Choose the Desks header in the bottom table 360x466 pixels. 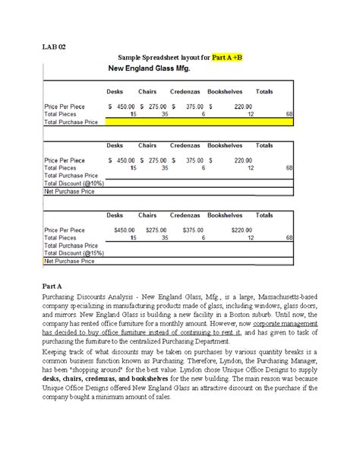coord(115,216)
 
